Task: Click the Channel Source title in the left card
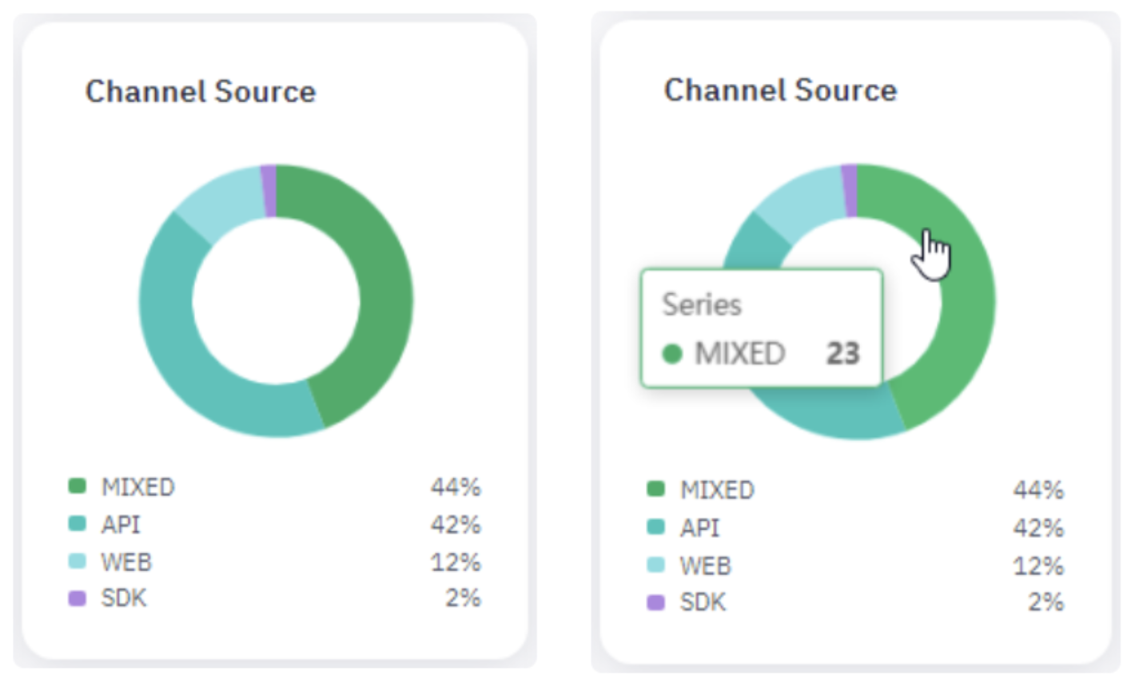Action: (x=201, y=92)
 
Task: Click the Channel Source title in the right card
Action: (x=780, y=90)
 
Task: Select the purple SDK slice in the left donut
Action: (x=269, y=190)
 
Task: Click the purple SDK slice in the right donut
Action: (x=850, y=190)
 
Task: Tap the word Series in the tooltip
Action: (x=702, y=305)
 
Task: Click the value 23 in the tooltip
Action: (x=842, y=353)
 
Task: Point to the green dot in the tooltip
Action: (x=672, y=353)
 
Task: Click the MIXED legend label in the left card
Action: (x=137, y=486)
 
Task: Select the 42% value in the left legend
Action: (x=456, y=525)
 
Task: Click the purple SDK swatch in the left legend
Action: (x=77, y=598)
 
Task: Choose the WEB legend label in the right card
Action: (x=705, y=566)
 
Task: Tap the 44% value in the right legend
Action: (x=1037, y=490)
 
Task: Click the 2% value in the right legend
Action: (x=1045, y=602)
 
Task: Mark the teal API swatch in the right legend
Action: (x=655, y=527)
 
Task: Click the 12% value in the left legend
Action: (x=456, y=562)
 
